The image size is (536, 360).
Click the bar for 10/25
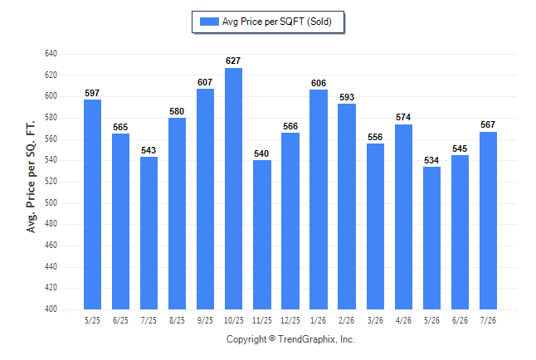tap(233, 188)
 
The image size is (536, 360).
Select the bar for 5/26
tap(431, 238)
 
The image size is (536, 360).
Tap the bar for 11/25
tap(262, 235)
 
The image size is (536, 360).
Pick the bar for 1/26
tap(319, 199)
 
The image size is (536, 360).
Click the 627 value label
tap(233, 61)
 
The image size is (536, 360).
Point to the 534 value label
tap(431, 160)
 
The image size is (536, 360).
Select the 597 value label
tap(92, 93)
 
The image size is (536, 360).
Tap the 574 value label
tap(403, 117)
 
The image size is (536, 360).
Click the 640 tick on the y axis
tap(51, 54)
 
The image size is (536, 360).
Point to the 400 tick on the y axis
tap(51, 309)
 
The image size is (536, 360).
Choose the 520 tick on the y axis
tap(51, 181)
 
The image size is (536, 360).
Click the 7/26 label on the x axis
tap(488, 320)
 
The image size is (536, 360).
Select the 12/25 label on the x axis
tap(290, 320)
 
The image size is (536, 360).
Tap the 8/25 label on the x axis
tap(177, 320)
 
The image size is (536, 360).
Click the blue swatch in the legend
tap(209, 22)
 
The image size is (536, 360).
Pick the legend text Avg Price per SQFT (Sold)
tap(277, 22)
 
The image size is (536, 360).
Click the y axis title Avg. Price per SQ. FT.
tap(31, 177)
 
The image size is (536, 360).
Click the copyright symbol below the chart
tap(272, 338)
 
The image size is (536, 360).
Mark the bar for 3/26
tap(375, 226)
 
